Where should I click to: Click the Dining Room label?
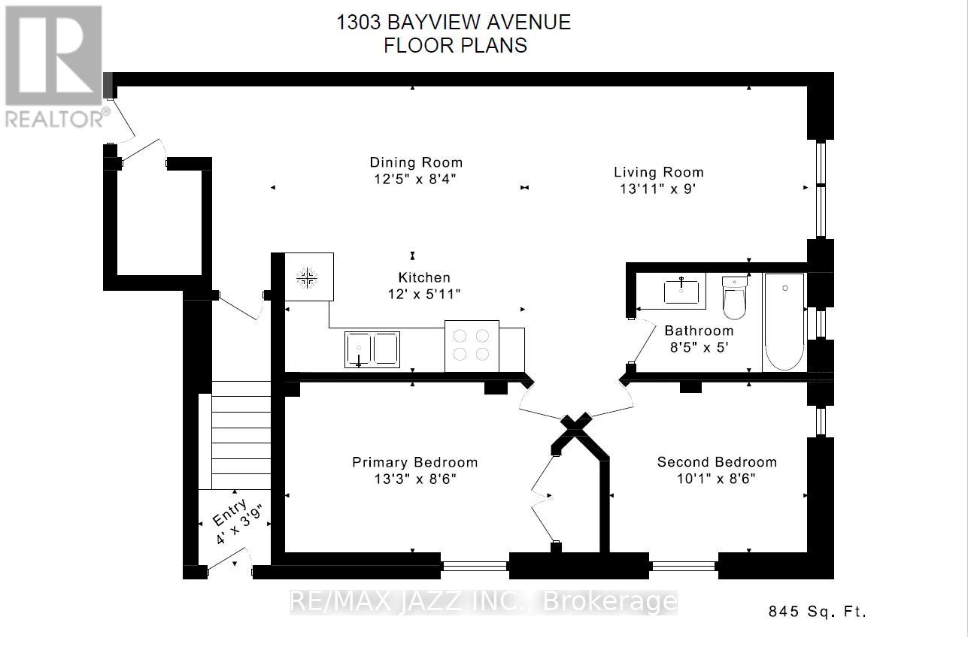pos(415,162)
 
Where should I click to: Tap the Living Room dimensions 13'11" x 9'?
pos(658,189)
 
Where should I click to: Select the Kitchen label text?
pos(424,277)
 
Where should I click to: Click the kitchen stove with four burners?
pos(472,346)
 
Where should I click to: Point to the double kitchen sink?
pos(372,349)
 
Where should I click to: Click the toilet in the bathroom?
pos(734,298)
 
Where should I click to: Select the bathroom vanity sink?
pos(683,291)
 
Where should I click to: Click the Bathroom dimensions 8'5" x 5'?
pos(698,348)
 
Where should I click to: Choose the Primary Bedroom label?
pos(414,462)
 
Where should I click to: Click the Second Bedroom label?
pos(717,462)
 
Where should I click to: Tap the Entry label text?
pos(229,513)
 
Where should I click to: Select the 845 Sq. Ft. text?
pos(818,612)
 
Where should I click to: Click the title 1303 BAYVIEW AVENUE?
pos(454,23)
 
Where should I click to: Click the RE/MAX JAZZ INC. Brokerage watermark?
pos(484,602)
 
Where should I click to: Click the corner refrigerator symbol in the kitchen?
pos(308,277)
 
